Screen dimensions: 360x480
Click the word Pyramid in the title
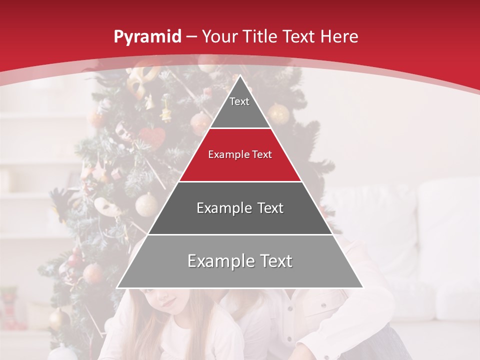[x=147, y=37]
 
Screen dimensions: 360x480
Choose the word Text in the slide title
[x=298, y=37]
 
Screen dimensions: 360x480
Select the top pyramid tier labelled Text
[x=239, y=107]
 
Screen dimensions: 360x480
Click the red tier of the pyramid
[x=240, y=162]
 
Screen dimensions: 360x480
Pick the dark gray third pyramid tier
[x=240, y=215]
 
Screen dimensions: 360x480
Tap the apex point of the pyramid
[x=240, y=76]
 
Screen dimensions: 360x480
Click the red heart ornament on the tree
[x=152, y=137]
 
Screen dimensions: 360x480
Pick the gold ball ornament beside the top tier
[x=278, y=114]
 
